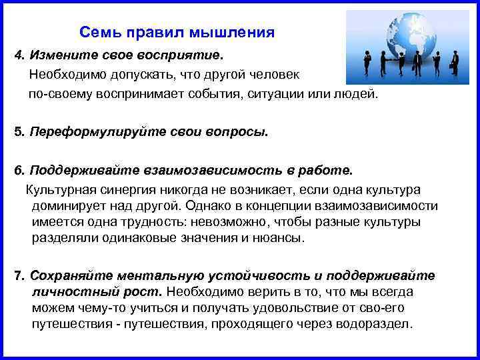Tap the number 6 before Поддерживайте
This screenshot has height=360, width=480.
(x=19, y=169)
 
